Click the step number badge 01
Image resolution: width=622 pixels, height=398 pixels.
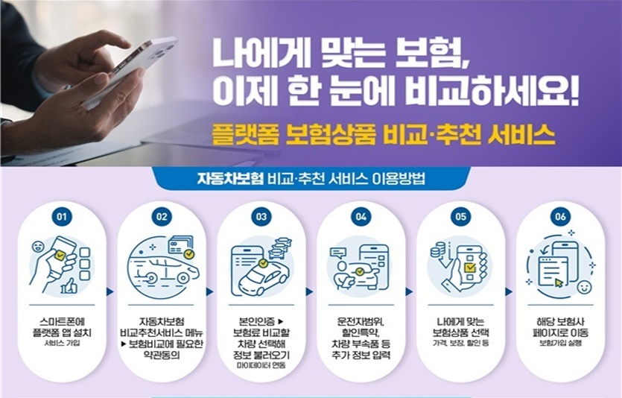63,217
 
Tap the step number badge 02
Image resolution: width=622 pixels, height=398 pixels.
162,217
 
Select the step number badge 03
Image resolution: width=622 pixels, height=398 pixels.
261,217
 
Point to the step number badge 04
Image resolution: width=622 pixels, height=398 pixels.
361,217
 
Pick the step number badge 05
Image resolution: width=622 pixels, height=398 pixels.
460,217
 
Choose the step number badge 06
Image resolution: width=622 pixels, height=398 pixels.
560,217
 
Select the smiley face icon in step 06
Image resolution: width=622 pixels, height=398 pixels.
584,286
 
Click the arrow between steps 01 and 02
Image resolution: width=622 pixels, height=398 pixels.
111,291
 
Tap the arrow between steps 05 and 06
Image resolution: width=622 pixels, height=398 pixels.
508,291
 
